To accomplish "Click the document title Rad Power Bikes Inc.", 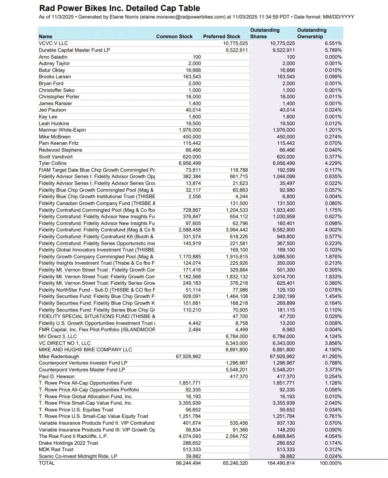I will (x=120, y=8).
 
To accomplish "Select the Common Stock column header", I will (x=174, y=37).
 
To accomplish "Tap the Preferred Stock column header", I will (x=222, y=37).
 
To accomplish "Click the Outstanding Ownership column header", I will (x=312, y=33).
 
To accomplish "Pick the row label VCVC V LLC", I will (x=53, y=43).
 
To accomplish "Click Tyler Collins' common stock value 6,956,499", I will (x=190, y=163).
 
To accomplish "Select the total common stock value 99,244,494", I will (x=188, y=463).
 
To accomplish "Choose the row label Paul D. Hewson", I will (x=56, y=377).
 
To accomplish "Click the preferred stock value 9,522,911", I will (x=237, y=50).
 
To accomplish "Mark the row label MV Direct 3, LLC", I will (x=57, y=337).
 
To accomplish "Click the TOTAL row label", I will (x=47, y=463).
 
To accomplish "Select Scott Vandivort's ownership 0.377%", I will (x=333, y=157).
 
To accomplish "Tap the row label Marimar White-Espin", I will (x=62, y=130).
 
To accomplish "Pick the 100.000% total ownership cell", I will (x=331, y=463).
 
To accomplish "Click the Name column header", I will (x=45, y=37).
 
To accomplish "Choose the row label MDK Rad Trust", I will (x=56, y=450).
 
